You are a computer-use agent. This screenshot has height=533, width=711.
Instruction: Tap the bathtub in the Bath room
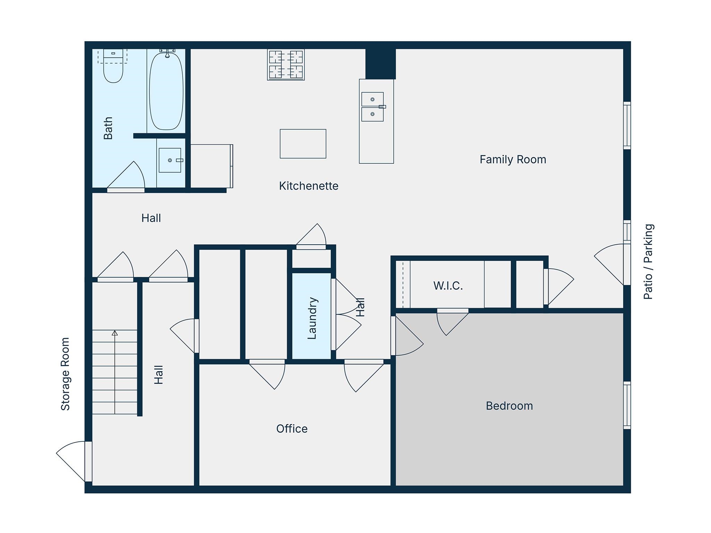pyautogui.click(x=166, y=91)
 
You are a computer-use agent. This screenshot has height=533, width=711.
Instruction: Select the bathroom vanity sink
pyautogui.click(x=170, y=160)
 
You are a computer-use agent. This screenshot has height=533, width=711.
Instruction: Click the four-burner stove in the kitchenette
pyautogui.click(x=286, y=65)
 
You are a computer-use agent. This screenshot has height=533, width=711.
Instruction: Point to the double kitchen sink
pyautogui.click(x=373, y=107)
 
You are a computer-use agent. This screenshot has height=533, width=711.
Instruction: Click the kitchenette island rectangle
pyautogui.click(x=303, y=144)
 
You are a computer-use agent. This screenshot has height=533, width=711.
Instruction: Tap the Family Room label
pyautogui.click(x=513, y=159)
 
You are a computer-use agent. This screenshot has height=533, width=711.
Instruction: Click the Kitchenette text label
pyautogui.click(x=309, y=186)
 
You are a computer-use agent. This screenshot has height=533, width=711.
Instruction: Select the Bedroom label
pyautogui.click(x=509, y=406)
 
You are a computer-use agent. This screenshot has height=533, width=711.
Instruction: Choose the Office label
pyautogui.click(x=292, y=429)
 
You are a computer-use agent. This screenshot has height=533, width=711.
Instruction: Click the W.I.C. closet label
pyautogui.click(x=448, y=286)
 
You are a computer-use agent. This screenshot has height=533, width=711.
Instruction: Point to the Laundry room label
pyautogui.click(x=312, y=318)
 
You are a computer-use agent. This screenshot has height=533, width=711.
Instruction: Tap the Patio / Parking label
pyautogui.click(x=649, y=261)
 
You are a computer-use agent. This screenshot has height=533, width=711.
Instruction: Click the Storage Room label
pyautogui.click(x=65, y=374)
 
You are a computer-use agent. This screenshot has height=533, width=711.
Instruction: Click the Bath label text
pyautogui.click(x=108, y=128)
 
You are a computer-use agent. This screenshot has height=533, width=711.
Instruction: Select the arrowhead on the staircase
pyautogui.click(x=115, y=333)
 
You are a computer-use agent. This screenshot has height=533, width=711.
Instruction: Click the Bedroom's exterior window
pyautogui.click(x=627, y=405)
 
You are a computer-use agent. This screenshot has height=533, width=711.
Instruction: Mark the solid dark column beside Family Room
pyautogui.click(x=380, y=64)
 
